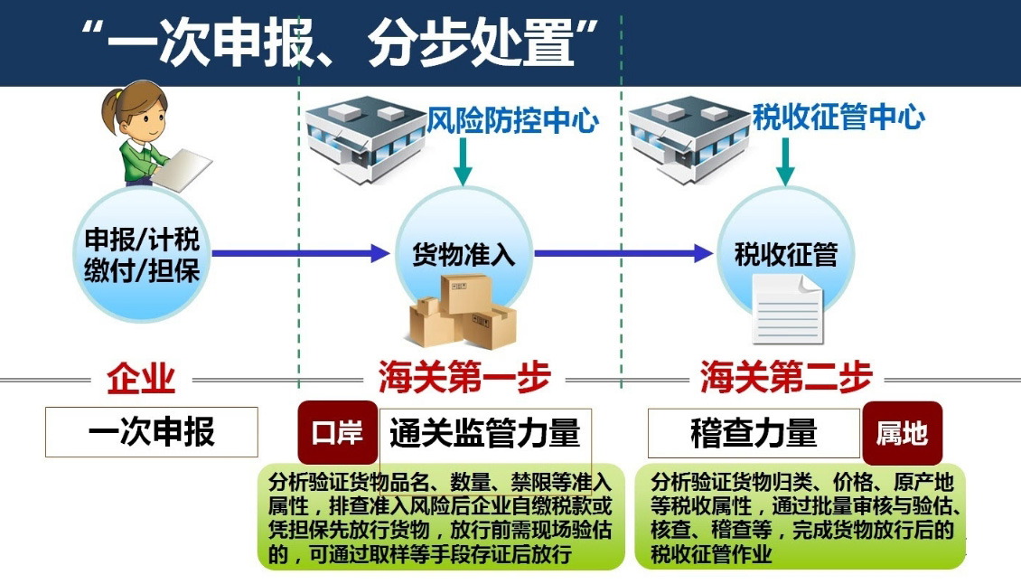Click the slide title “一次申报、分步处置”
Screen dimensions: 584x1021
341,42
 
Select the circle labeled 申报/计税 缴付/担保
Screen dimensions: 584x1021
142,255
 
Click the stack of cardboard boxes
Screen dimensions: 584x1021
462,312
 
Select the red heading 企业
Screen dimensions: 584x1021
141,379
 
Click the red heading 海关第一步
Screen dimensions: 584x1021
464,379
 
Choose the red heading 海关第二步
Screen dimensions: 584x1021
785,379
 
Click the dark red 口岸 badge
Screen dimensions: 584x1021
337,433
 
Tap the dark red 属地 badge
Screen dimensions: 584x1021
902,433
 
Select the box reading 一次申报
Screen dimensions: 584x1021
151,432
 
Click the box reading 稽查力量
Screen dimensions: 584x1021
754,433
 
